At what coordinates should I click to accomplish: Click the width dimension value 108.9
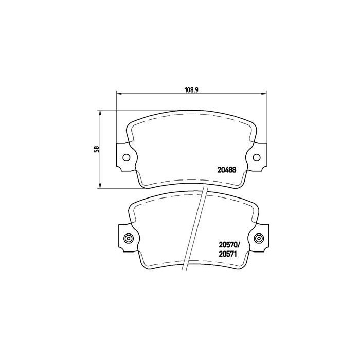pos(191,88)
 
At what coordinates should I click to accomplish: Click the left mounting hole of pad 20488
pos(127,158)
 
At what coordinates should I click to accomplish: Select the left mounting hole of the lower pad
pos(128,238)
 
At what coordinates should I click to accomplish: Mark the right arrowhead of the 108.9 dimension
pos(264,94)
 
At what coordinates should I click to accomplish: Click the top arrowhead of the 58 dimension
pos(100,113)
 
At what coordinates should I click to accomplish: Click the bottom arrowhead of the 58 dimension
pos(100,186)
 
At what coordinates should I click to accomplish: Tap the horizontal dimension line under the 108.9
pos(154,94)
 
